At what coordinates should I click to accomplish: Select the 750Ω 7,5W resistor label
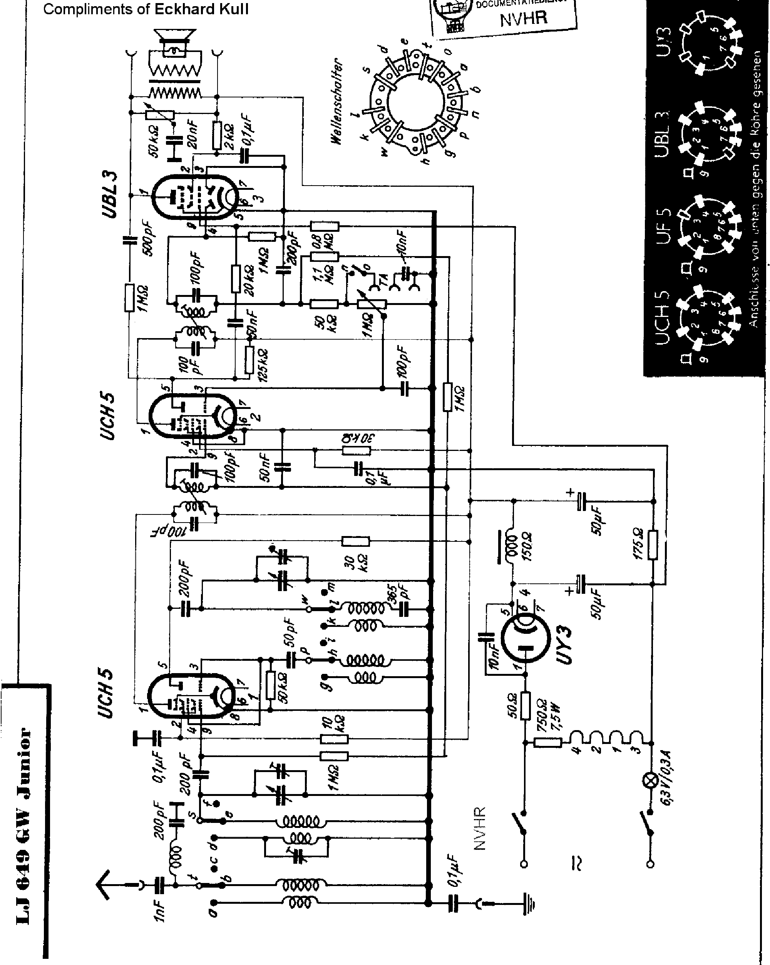[548, 716]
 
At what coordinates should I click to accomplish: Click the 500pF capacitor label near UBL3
[147, 239]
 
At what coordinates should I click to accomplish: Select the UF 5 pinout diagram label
[663, 226]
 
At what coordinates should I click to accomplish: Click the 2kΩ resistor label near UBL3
[229, 135]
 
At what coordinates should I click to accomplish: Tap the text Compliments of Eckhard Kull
[146, 9]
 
